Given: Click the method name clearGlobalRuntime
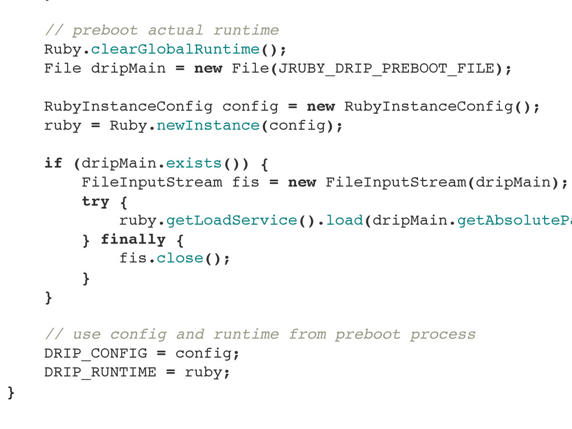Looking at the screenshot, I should click(x=175, y=49).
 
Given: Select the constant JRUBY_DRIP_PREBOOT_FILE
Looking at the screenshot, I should click(x=386, y=68).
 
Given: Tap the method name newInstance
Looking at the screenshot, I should click(x=208, y=125).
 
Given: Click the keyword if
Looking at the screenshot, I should click(x=54, y=163).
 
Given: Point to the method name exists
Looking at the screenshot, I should click(x=194, y=163).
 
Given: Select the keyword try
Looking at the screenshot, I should click(x=96, y=201).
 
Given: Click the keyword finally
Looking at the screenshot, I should click(x=133, y=239).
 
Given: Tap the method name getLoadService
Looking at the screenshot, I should click(x=231, y=220).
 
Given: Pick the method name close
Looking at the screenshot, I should click(x=179, y=258).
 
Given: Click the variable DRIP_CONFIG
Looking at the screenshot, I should click(x=96, y=353).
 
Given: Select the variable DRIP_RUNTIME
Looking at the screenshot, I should click(x=100, y=372).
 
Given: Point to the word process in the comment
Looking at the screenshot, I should click(x=442, y=334).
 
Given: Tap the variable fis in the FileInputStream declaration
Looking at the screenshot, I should click(x=245, y=182).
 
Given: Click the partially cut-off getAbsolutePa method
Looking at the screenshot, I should click(x=514, y=220).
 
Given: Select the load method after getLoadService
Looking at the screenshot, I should click(x=344, y=220).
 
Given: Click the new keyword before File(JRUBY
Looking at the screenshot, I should click(x=208, y=68).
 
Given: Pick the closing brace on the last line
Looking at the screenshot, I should click(x=11, y=392).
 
